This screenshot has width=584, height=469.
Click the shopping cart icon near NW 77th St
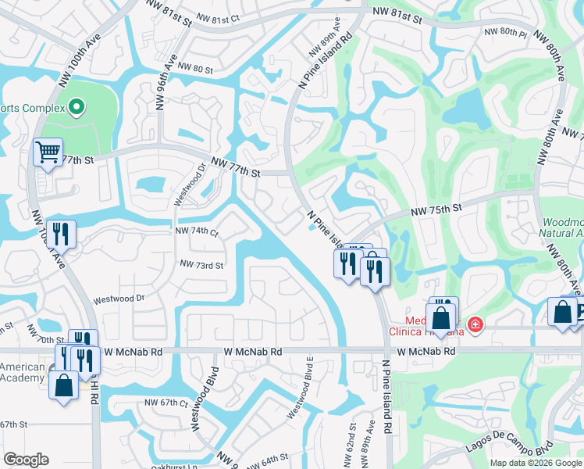point(48,152)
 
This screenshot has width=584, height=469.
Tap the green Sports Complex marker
point(76,106)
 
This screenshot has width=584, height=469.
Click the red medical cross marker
point(474,324)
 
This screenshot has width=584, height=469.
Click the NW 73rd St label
point(201,265)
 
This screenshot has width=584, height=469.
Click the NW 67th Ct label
point(166,403)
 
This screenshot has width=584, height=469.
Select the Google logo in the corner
point(26,460)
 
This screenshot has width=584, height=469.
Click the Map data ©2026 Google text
point(536,463)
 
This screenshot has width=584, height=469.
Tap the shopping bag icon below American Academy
point(63,386)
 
